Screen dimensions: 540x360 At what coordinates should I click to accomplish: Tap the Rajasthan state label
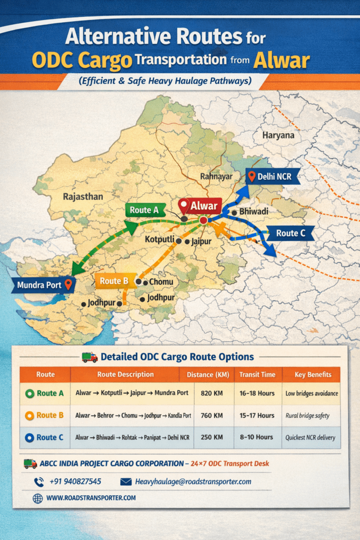pyautogui.click(x=83, y=197)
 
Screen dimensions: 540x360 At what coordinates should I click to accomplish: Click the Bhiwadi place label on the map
pyautogui.click(x=254, y=211)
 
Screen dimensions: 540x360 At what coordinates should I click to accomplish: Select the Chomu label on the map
pyautogui.click(x=161, y=282)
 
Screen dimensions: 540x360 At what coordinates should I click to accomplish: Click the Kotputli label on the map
pyautogui.click(x=160, y=240)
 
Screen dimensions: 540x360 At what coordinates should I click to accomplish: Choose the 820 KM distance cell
pyautogui.click(x=213, y=393)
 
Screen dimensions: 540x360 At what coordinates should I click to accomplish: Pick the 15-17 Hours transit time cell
pyautogui.click(x=257, y=415)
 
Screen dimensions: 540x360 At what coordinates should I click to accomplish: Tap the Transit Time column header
pyautogui.click(x=257, y=374)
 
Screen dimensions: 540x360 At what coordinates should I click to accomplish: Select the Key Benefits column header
pyautogui.click(x=313, y=374)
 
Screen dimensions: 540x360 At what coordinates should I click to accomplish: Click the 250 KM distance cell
pyautogui.click(x=213, y=437)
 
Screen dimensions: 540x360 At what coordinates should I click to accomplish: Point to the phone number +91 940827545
pyautogui.click(x=75, y=481)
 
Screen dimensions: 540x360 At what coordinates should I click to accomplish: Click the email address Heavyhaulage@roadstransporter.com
pyautogui.click(x=193, y=481)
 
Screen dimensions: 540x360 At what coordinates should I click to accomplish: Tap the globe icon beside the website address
pyautogui.click(x=37, y=497)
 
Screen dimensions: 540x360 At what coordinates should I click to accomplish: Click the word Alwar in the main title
pyautogui.click(x=281, y=61)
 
